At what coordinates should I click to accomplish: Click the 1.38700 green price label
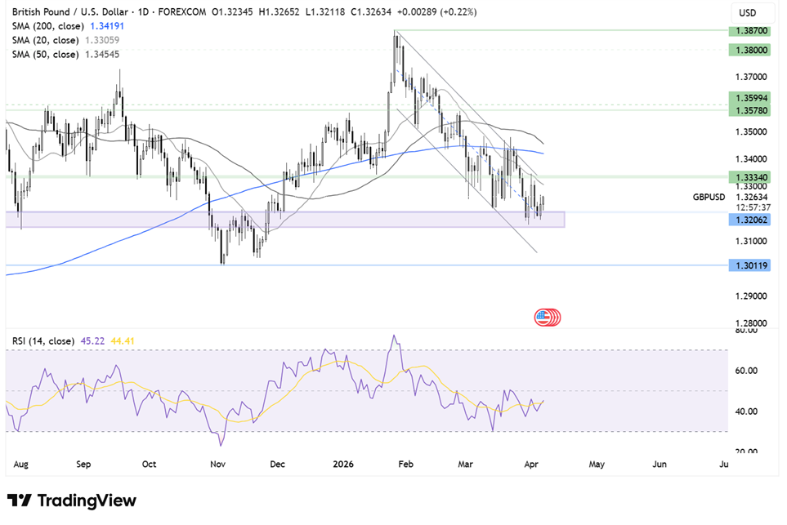750,29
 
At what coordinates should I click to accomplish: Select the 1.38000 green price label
750,50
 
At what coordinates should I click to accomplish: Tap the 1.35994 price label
750,96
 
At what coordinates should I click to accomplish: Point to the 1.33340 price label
750,176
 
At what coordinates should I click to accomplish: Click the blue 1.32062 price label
750,220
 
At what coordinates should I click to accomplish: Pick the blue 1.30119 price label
750,265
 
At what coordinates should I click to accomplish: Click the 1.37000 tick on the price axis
750,77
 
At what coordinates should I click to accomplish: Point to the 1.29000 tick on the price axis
750,296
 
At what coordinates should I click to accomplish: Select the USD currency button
748,13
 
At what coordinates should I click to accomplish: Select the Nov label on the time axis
217,464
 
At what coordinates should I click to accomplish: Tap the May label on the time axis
597,464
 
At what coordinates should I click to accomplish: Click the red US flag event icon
545,317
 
